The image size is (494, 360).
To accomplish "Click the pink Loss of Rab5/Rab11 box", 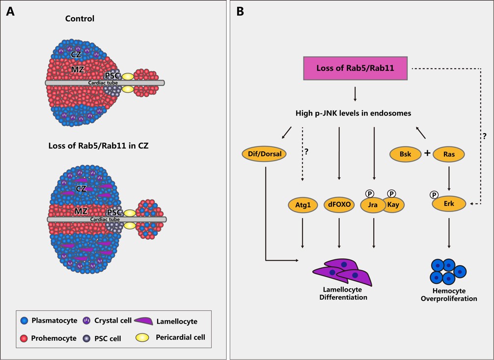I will (x=355, y=68).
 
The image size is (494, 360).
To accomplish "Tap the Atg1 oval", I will (x=302, y=204).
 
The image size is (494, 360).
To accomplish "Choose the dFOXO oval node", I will (x=339, y=204).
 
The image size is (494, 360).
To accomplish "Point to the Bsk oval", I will (x=405, y=154).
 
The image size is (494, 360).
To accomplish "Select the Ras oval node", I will (x=449, y=154).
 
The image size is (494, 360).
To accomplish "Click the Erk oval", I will (x=449, y=204).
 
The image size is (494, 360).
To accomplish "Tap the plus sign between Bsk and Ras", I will (x=427, y=153).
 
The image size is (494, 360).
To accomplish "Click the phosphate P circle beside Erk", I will (x=434, y=194).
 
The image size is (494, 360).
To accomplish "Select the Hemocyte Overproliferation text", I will (x=449, y=295).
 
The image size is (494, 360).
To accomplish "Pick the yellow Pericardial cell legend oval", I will (x=141, y=337).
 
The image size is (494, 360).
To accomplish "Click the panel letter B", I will (x=240, y=11).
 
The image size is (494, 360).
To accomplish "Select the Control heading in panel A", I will (x=80, y=19).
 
